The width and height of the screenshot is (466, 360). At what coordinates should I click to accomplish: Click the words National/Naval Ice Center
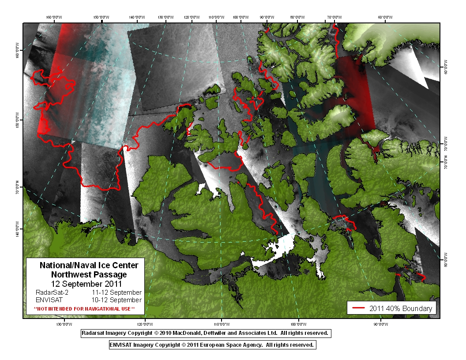click(89, 265)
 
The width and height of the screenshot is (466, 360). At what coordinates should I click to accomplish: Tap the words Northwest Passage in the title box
click(89, 274)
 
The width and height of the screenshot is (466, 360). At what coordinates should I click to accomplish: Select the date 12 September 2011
click(86, 283)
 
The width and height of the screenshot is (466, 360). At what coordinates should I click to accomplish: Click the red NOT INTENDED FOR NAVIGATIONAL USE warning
click(84, 308)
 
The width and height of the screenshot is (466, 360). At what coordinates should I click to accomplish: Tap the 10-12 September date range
click(116, 300)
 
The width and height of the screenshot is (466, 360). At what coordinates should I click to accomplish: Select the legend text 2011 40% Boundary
click(400, 308)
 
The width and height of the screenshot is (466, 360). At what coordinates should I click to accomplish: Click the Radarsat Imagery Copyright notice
click(205, 333)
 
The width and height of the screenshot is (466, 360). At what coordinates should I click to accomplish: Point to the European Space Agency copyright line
click(212, 345)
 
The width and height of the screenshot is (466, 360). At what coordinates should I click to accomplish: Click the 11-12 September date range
click(116, 292)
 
